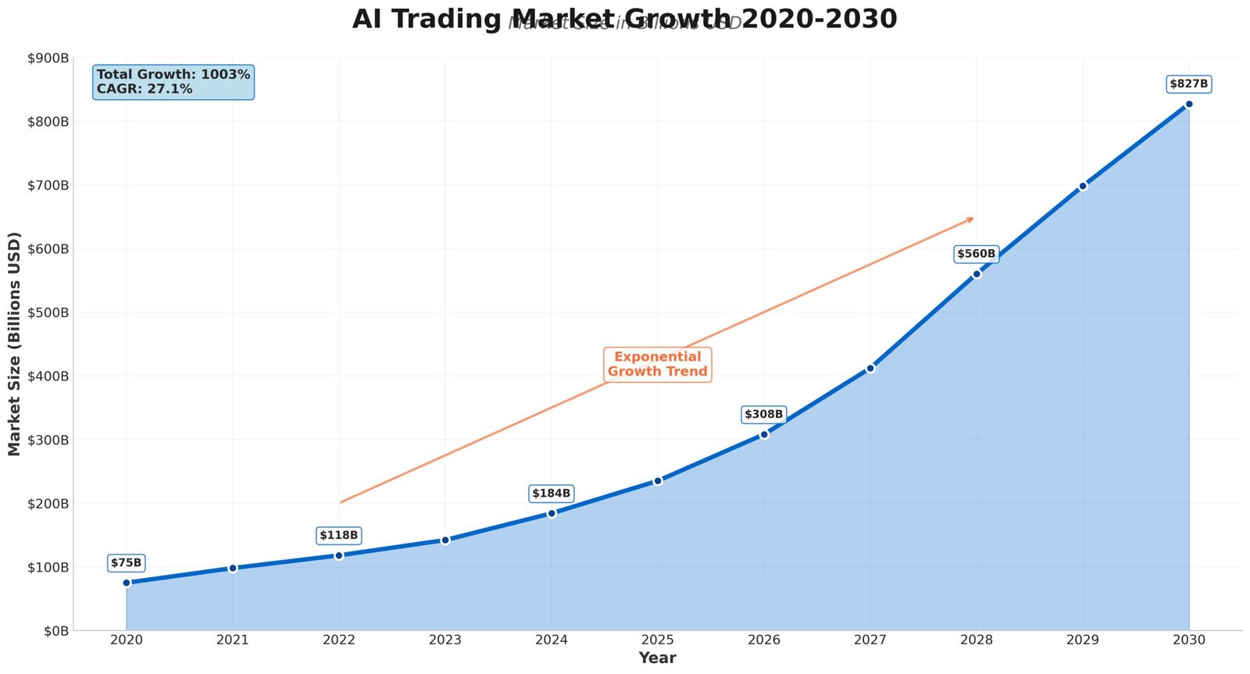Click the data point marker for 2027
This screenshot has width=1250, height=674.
(870, 368)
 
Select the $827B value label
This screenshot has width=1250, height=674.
(1188, 84)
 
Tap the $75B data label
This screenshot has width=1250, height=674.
(127, 562)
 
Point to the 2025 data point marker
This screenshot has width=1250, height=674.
(658, 480)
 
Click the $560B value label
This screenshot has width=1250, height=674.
(976, 254)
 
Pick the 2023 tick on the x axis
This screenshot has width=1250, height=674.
(445, 640)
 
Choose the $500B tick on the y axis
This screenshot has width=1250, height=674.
(48, 312)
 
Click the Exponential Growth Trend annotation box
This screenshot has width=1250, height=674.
(658, 364)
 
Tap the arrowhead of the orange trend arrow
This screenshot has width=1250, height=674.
(971, 219)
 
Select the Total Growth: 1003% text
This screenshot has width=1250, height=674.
(173, 74)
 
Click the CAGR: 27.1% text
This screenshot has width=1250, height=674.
(145, 89)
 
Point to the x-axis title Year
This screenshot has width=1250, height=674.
(657, 658)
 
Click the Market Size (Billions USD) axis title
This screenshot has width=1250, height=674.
(14, 344)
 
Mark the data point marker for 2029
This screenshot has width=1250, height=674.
(1083, 186)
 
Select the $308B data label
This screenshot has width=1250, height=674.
(763, 414)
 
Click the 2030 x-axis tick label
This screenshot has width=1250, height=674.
(1188, 640)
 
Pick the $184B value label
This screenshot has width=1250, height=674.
(551, 493)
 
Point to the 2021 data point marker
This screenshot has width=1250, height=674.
(233, 568)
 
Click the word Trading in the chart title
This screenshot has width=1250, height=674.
(449, 19)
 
